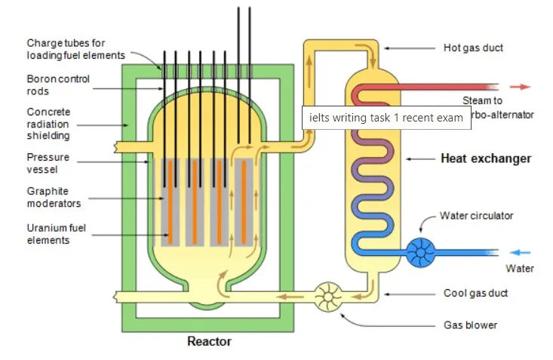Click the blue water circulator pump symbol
click(x=421, y=252)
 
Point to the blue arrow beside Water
click(x=521, y=253)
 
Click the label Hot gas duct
click(x=473, y=48)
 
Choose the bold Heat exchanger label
click(x=485, y=158)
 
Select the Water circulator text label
click(x=476, y=216)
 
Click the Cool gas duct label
click(x=475, y=293)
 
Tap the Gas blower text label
click(x=470, y=325)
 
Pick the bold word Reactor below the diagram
click(x=209, y=342)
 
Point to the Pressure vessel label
click(x=48, y=163)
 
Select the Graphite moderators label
click(x=54, y=197)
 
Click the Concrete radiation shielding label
click(x=48, y=124)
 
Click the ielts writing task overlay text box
click(x=386, y=118)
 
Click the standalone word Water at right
click(x=520, y=269)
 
